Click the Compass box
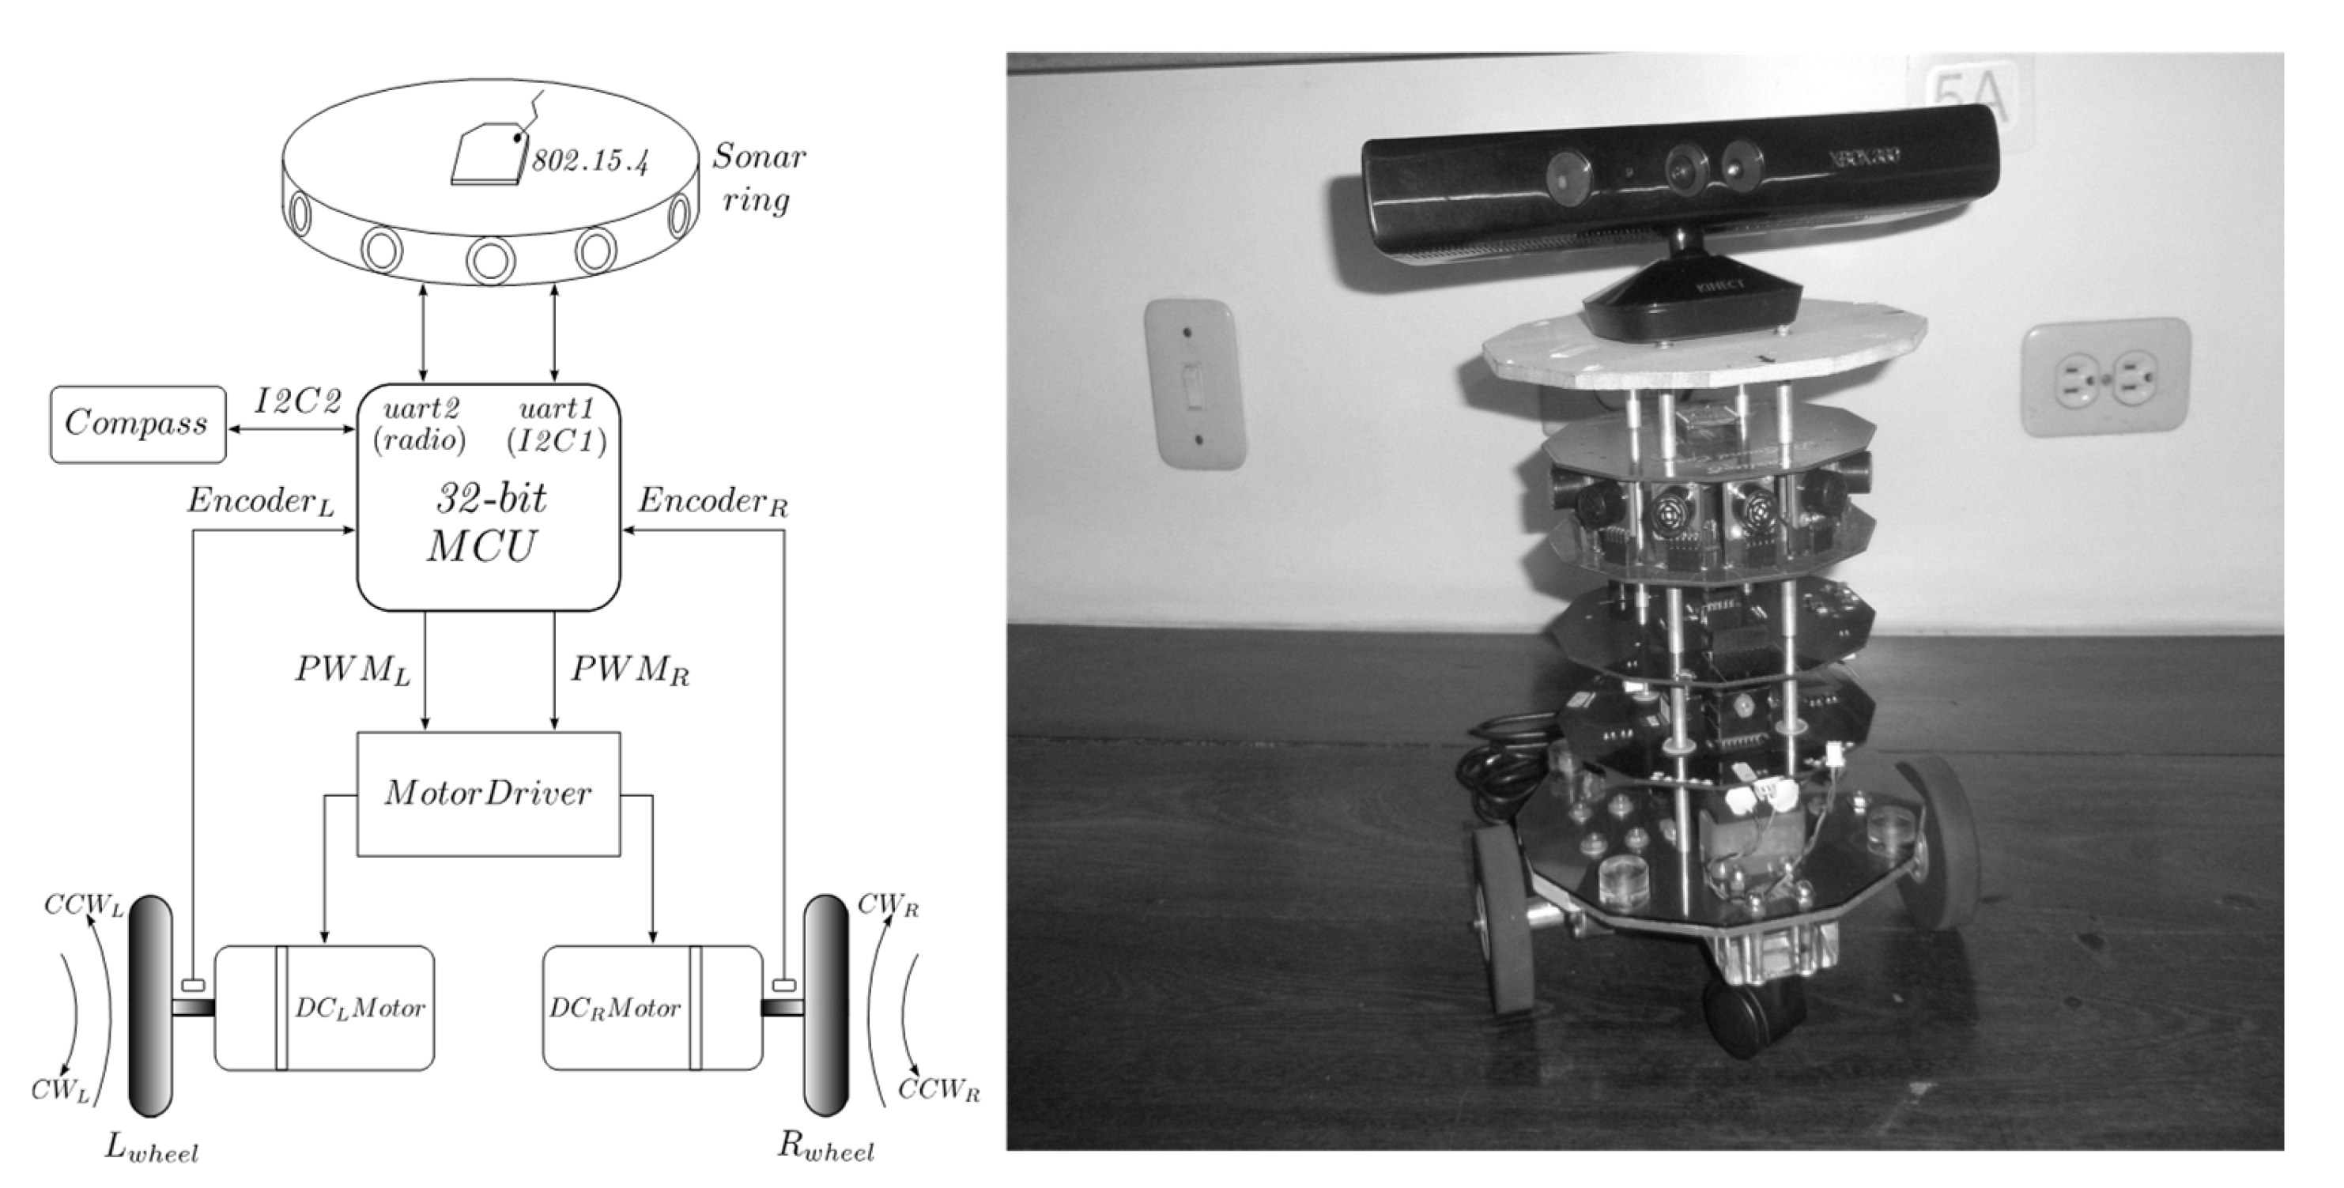(x=137, y=424)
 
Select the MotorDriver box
(x=488, y=794)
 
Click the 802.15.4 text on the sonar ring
(x=590, y=162)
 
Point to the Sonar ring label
(x=757, y=177)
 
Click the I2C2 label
(x=297, y=402)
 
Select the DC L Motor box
(x=324, y=1008)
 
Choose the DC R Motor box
(x=651, y=1008)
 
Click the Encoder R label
(x=712, y=501)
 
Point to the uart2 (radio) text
(x=421, y=424)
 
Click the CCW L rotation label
(x=83, y=907)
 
